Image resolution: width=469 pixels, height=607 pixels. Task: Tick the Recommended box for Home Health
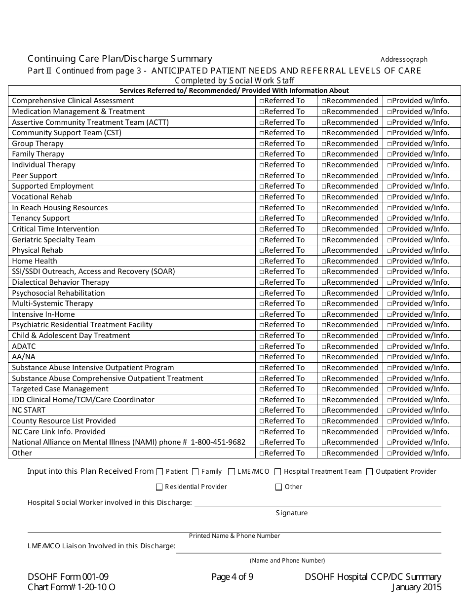click(x=324, y=262)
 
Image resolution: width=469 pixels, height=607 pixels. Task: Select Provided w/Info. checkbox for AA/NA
click(x=390, y=357)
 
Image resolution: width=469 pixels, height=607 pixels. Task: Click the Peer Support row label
click(x=35, y=176)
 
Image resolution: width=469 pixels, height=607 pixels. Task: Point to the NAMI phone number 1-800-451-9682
click(x=218, y=442)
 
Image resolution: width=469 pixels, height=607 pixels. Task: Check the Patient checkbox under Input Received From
click(x=159, y=472)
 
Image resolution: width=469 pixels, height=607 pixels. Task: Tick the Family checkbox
click(x=195, y=472)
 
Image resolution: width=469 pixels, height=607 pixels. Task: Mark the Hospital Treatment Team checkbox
click(x=278, y=472)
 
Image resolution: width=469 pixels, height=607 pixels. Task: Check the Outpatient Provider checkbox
click(x=370, y=472)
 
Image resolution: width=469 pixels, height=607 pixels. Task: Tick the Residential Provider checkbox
click(x=159, y=487)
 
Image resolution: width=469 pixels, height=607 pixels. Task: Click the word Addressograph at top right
click(x=404, y=60)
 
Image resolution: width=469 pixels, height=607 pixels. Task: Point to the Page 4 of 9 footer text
click(x=232, y=577)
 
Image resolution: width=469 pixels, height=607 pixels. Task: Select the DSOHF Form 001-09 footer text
click(x=68, y=577)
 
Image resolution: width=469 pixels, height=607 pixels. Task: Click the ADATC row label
click(x=24, y=346)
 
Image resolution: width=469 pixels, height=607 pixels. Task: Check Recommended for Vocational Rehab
click(x=324, y=197)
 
